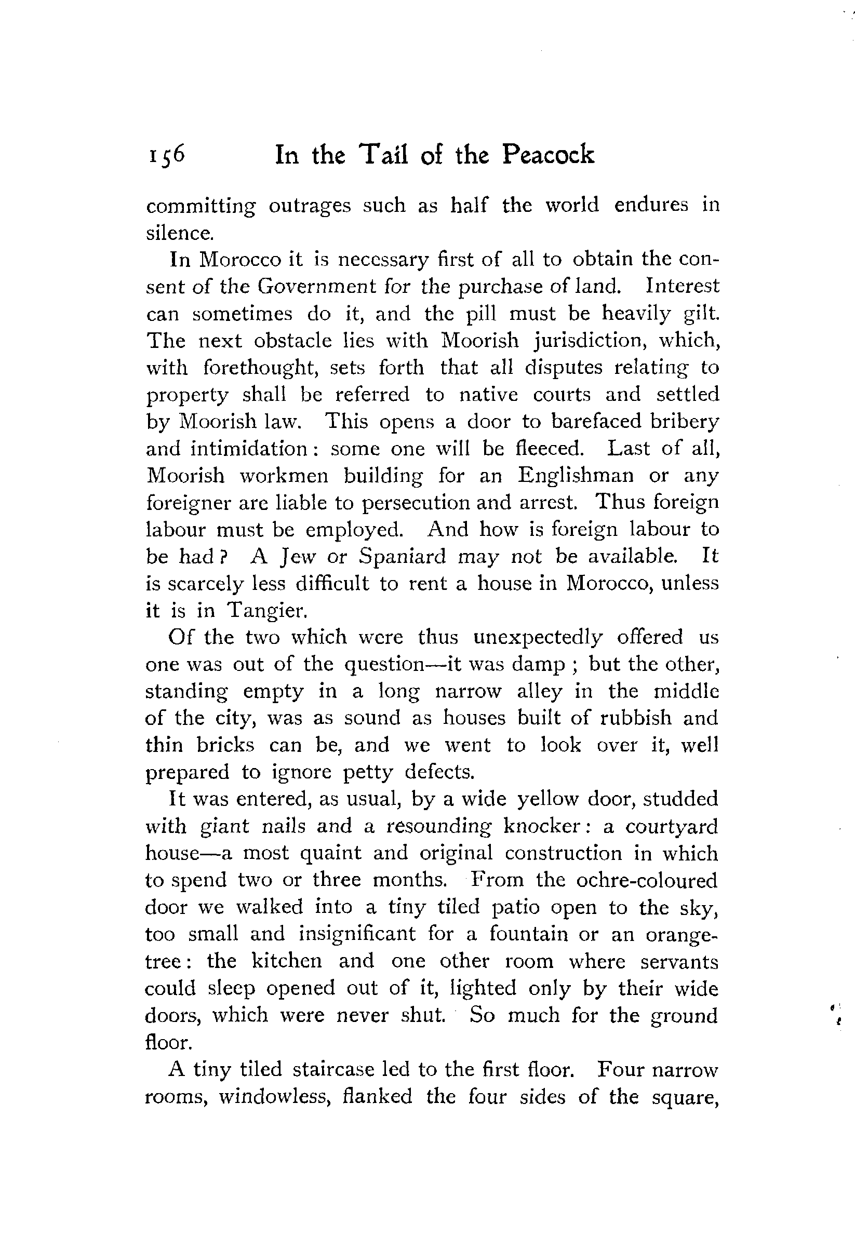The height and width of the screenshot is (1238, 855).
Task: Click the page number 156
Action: click(x=167, y=155)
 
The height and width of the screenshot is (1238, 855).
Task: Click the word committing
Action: click(x=201, y=206)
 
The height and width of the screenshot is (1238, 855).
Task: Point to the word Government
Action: click(x=317, y=287)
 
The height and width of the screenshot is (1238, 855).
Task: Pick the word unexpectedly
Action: click(x=538, y=637)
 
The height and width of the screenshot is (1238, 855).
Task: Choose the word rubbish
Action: click(x=635, y=718)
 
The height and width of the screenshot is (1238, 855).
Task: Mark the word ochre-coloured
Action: click(x=647, y=880)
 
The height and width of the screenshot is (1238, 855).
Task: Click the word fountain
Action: click(x=528, y=934)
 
